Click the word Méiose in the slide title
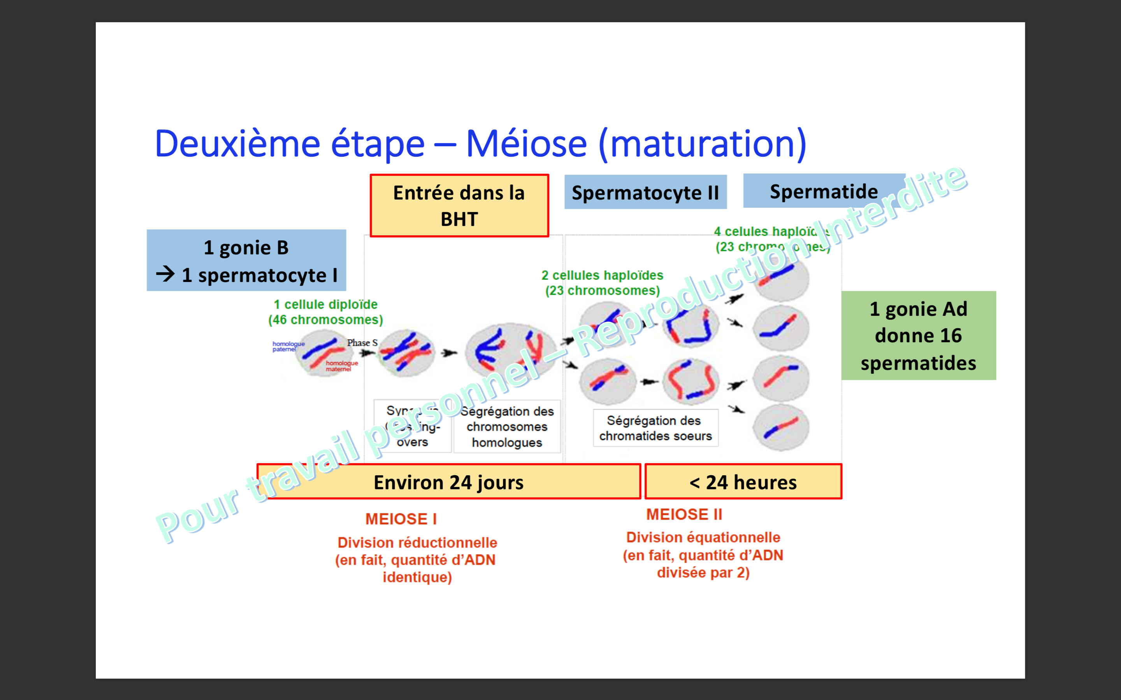526,144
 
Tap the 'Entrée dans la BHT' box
459,206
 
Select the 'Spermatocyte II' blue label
645,192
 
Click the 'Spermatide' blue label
824,191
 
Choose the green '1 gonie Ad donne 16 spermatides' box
918,336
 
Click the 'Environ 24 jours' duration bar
448,482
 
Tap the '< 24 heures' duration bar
743,482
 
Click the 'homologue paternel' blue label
288,346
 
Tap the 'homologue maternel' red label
341,366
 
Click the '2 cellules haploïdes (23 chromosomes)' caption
602,283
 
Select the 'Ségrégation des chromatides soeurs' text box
655,428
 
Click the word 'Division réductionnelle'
417,542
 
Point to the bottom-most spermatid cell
781,428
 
